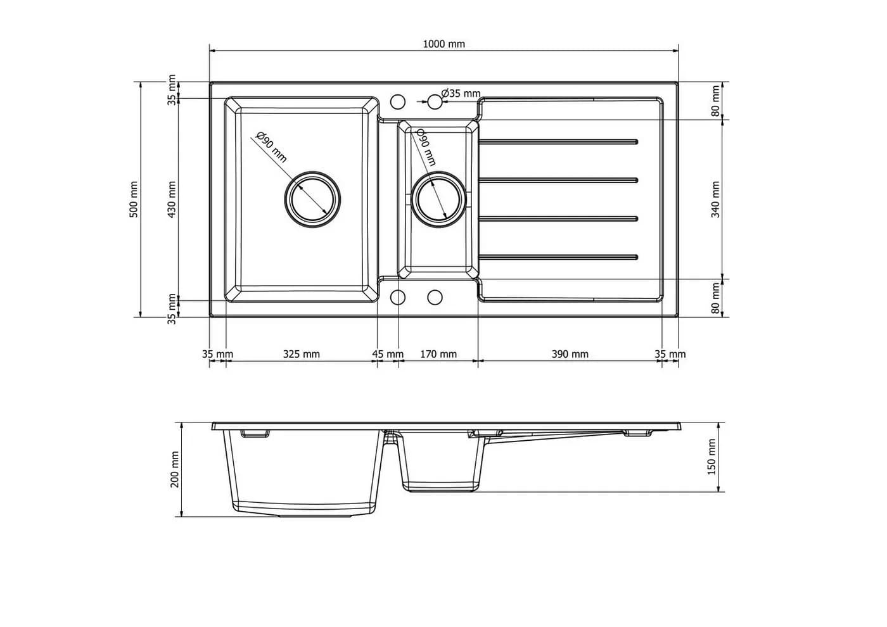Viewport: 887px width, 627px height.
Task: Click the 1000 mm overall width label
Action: pos(444,44)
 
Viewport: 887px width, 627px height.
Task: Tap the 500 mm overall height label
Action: pos(134,199)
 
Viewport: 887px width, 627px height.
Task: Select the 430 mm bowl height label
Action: pos(172,199)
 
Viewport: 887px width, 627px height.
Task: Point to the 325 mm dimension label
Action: pos(302,354)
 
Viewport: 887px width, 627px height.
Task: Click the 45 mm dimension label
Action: pos(388,354)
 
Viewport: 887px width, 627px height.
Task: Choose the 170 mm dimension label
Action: pos(438,354)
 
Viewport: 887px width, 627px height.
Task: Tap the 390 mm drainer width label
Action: pos(570,354)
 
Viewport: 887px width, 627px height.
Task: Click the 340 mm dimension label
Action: pos(715,199)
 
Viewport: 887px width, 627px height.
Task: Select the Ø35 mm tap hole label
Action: pos(461,94)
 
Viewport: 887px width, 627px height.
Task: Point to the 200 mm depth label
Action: pos(175,469)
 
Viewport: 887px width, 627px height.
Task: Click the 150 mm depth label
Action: pos(712,457)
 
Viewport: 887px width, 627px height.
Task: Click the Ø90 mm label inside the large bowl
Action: pos(271,147)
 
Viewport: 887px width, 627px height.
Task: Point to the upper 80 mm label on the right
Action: pos(715,101)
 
